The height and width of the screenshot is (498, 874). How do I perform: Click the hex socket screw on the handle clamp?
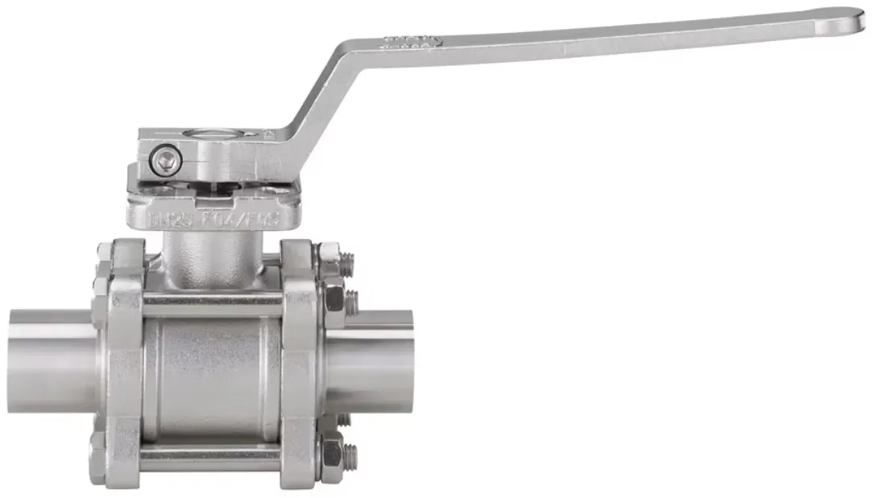166,159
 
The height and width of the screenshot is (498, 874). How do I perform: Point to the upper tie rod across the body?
213,303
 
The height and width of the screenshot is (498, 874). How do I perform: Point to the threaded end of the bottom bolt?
351,458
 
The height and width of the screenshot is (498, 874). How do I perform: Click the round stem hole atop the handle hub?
217,132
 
